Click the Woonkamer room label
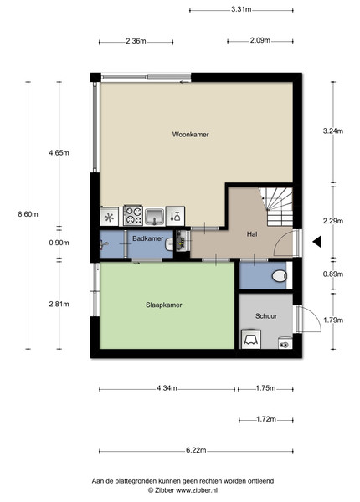tap(191, 135)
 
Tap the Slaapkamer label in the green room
tap(163, 305)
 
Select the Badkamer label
tap(147, 238)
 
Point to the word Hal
tap(252, 234)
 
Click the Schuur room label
tap(266, 316)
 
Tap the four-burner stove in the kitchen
tap(133, 215)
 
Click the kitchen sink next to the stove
tap(155, 217)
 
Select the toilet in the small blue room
tap(280, 275)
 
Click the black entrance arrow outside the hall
tap(317, 242)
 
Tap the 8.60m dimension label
tap(28, 214)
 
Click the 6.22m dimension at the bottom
tap(196, 450)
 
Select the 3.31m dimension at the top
tap(241, 9)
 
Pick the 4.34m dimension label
tap(167, 388)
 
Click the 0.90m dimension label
tap(59, 243)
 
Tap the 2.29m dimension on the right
tap(333, 221)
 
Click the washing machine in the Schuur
tap(251, 339)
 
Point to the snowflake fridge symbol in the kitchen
tap(110, 218)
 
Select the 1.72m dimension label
tap(266, 419)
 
